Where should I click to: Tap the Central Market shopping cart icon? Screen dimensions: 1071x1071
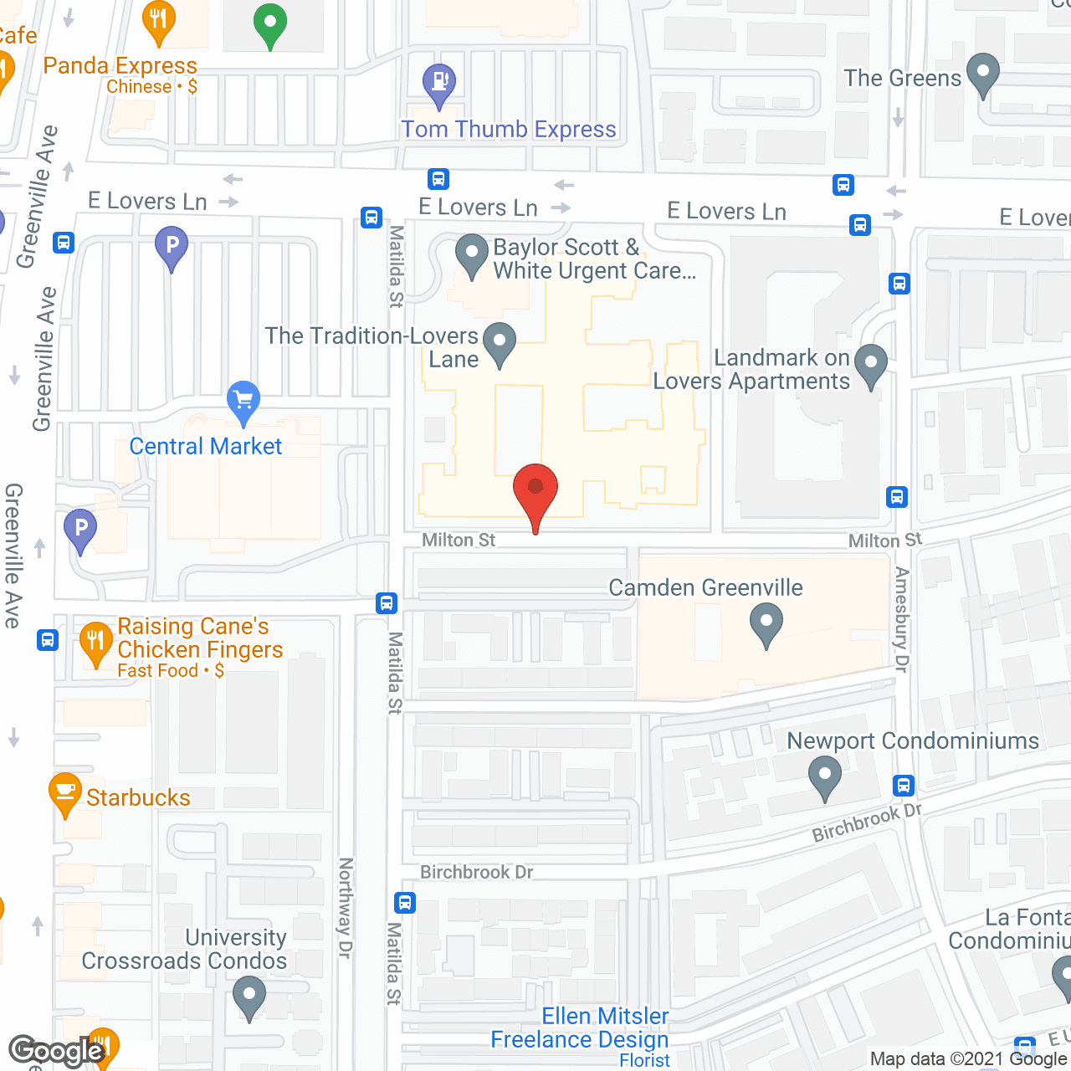point(243,401)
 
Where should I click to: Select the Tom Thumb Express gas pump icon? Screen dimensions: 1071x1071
point(439,83)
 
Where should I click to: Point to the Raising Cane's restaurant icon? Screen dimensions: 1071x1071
point(96,643)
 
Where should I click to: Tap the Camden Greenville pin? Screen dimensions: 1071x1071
point(766,624)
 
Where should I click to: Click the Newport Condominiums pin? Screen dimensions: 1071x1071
point(824,776)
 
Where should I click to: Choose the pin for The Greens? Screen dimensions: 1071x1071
point(983,74)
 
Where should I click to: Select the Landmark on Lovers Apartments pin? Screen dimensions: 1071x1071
point(871,365)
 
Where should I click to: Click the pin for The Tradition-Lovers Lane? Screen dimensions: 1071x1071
point(500,343)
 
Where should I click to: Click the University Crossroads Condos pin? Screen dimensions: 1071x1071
point(249,997)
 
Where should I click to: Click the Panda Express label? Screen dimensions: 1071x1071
point(120,65)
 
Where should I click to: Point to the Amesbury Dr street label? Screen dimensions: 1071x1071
point(901,619)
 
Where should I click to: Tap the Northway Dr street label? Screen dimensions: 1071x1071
point(345,908)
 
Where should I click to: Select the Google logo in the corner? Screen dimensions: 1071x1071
point(57,1051)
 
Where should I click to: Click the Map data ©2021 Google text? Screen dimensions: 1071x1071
point(968,1059)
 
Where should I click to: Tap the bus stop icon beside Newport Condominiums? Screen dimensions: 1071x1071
point(903,785)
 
